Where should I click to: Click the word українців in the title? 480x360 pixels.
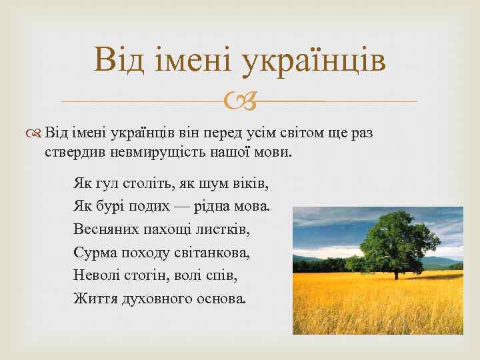pyautogui.click(x=315, y=59)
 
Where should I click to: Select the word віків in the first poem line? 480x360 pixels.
pyautogui.click(x=259, y=182)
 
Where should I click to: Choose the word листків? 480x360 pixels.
pyautogui.click(x=225, y=229)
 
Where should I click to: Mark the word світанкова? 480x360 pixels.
pyautogui.click(x=213, y=253)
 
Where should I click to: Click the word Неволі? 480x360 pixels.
pyautogui.click(x=97, y=275)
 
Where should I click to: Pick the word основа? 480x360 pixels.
pyautogui.click(x=221, y=299)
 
